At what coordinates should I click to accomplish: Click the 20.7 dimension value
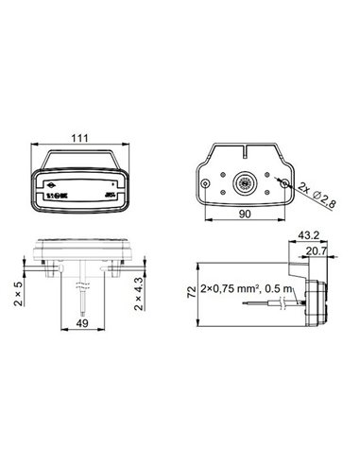coord(317,250)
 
